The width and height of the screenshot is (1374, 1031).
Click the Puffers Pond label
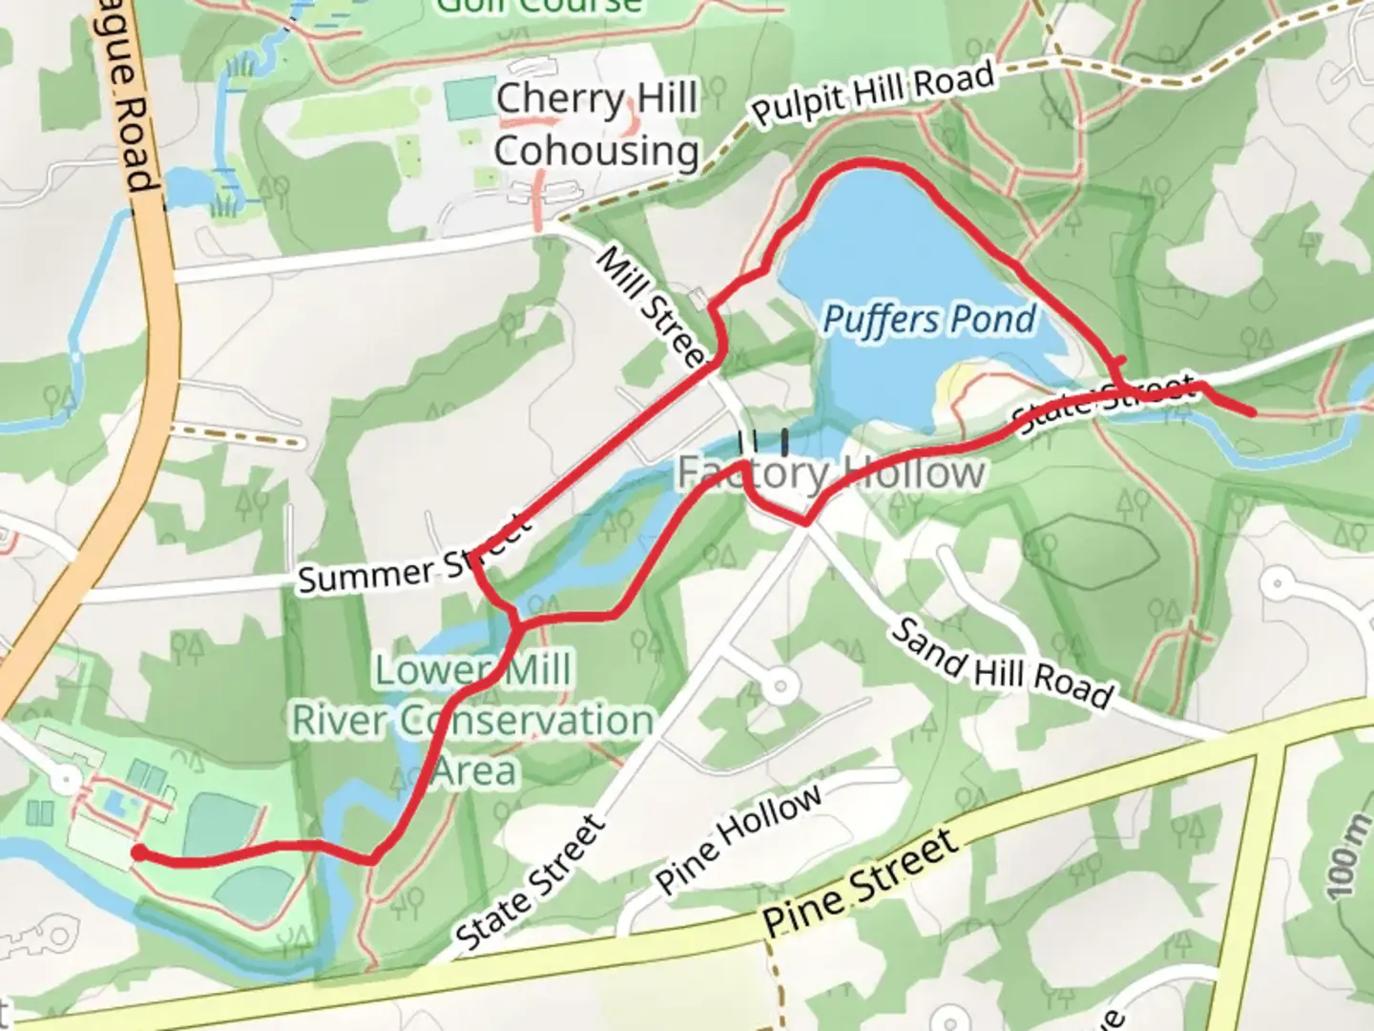[x=928, y=319]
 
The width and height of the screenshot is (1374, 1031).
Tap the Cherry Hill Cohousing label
[x=596, y=124]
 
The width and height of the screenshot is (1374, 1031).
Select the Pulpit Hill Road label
[x=873, y=94]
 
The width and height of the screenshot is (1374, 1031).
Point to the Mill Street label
[x=652, y=306]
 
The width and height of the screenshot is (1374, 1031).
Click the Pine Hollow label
[x=739, y=839]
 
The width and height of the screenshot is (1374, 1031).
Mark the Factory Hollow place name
[x=830, y=472]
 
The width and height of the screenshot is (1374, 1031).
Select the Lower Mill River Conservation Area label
[x=473, y=720]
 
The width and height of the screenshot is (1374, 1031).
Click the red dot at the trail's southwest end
[x=138, y=853]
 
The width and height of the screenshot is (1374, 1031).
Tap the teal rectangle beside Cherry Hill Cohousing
[x=471, y=99]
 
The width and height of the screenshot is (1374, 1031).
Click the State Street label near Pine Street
[x=531, y=884]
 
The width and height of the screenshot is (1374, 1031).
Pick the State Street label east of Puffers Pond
[x=1104, y=405]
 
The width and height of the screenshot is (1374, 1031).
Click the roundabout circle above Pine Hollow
[x=781, y=684]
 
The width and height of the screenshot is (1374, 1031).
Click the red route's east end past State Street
[x=1251, y=412]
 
